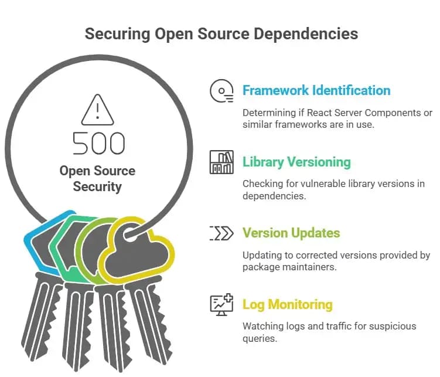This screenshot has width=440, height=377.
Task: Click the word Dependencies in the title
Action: [306, 34]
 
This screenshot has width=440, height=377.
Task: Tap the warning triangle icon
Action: [97, 110]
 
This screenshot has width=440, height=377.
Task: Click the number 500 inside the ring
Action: [98, 143]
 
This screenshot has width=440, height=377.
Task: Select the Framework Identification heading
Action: [316, 90]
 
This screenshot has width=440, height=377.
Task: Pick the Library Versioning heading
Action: [296, 162]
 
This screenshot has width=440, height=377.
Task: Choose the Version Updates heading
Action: [291, 233]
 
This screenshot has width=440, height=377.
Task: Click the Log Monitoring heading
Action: [288, 305]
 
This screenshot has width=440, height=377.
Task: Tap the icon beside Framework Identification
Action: [221, 91]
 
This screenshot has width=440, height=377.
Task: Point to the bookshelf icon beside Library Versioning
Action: [221, 162]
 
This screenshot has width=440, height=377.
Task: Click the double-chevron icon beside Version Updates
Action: [221, 233]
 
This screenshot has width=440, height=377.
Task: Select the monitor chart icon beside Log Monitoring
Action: [221, 305]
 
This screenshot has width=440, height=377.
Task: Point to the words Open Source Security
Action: [97, 179]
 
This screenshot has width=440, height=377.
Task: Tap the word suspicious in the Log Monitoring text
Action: [393, 327]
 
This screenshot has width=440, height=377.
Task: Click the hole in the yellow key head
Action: [129, 234]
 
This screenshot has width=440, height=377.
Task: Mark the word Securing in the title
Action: [118, 34]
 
